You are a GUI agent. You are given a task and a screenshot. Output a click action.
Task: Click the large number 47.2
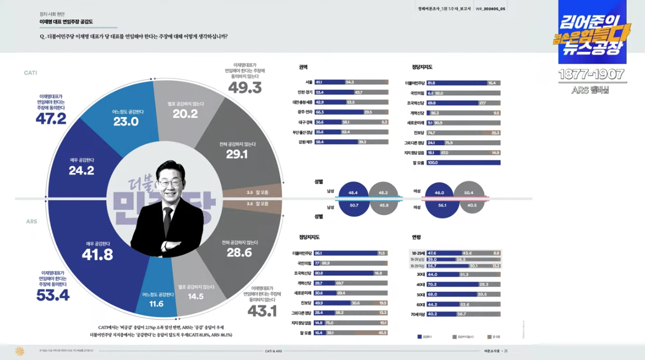coord(51,118)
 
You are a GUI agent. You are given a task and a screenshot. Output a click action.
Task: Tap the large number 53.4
coord(53,295)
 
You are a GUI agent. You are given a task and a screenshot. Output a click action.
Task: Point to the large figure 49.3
coord(245,87)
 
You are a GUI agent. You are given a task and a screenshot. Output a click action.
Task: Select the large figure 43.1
coord(262,310)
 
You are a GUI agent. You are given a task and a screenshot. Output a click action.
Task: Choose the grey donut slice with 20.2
coord(185,112)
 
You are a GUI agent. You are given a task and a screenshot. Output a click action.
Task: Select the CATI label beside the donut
coord(30,73)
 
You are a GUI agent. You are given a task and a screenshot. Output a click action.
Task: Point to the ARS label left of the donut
coord(31,221)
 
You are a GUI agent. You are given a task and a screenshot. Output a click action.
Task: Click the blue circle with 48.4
coord(353,193)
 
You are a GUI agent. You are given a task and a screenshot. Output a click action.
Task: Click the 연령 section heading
coord(416,237)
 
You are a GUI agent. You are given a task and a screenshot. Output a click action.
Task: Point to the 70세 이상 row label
coord(417,314)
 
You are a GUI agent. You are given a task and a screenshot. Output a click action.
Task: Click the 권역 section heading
coord(303,67)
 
